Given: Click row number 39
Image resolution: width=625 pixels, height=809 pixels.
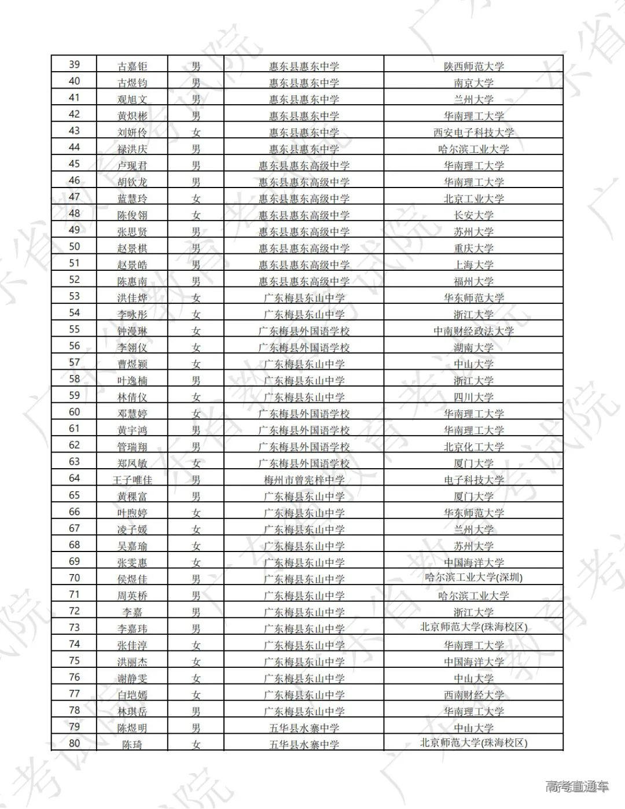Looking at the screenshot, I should coord(74,64).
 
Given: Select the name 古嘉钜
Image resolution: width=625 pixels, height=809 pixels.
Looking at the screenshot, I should coord(132,66).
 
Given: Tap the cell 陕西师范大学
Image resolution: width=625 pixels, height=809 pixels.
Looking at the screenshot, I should coord(473,66).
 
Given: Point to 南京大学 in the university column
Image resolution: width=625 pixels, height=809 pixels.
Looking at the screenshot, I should coord(473,83).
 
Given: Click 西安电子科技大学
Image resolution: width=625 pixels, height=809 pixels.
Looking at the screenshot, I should coord(473,133).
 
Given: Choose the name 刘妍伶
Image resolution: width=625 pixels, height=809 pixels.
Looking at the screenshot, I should coord(132,133).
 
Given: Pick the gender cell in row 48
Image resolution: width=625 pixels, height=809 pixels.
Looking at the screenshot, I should coord(196,215).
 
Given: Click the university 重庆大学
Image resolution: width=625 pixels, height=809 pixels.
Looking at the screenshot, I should coord(473,248).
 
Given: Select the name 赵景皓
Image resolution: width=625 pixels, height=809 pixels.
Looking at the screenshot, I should coord(132,265).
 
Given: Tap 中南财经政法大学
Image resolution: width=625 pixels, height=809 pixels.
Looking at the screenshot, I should coord(473,331).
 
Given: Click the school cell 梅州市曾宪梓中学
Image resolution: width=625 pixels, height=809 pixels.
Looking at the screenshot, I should coord(304,480).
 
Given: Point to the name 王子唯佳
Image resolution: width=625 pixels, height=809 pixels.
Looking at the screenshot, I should coord(132,480).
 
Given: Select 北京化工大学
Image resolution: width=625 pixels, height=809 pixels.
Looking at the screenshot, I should coord(473,447).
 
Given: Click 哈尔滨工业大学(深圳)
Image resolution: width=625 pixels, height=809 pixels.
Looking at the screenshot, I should coord(473,578).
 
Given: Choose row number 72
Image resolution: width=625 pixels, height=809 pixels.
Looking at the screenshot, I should coord(74,611).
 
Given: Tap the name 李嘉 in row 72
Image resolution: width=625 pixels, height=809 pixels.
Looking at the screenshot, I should coord(132,612).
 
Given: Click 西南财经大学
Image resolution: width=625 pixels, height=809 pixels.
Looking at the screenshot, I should coord(473,694).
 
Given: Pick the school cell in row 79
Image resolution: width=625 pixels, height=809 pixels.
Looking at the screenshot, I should coord(304,728).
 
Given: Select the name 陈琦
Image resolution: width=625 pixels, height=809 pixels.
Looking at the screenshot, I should coord(132,745).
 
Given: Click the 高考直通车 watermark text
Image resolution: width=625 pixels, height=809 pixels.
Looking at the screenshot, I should coord(576,786).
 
